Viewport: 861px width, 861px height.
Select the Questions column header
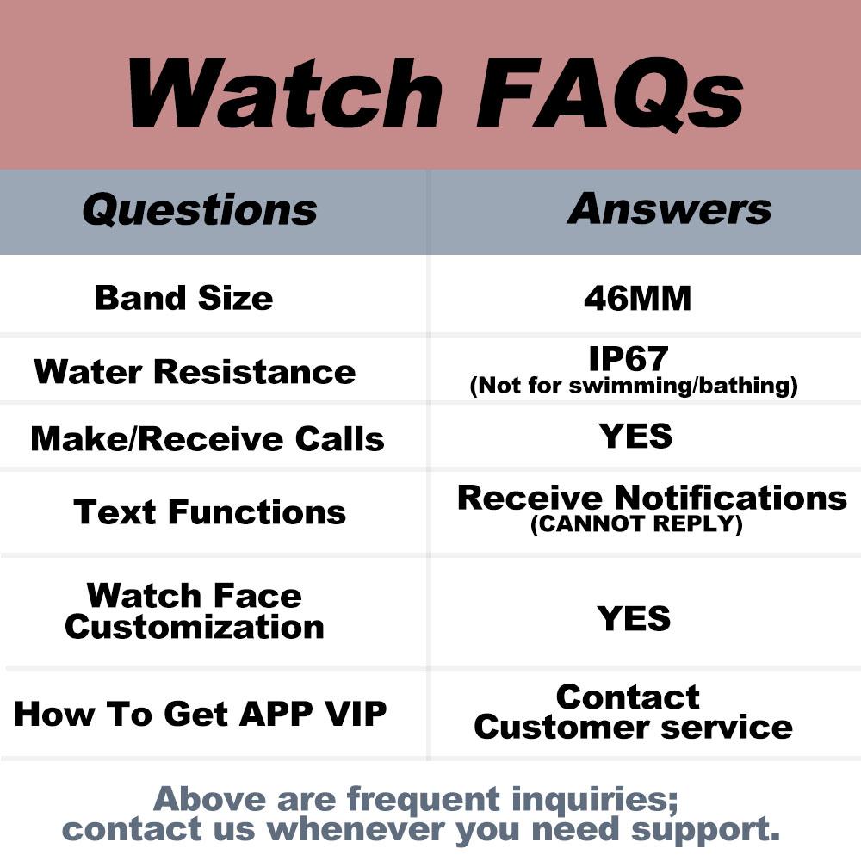click(x=200, y=210)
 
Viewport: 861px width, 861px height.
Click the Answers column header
click(x=669, y=208)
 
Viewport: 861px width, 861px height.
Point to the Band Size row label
click(x=183, y=298)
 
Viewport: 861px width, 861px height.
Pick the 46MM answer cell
click(x=637, y=299)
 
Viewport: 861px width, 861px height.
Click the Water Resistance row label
click(x=195, y=372)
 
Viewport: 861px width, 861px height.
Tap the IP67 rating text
click(x=634, y=358)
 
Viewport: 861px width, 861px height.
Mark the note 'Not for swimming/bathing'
click(x=634, y=386)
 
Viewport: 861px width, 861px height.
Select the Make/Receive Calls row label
click(x=207, y=439)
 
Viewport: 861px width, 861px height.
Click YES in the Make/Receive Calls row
click(x=635, y=437)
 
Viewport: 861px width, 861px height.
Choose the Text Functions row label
click(x=210, y=512)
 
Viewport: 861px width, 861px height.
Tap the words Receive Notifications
click(x=652, y=498)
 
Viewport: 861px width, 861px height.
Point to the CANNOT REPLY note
click(x=636, y=524)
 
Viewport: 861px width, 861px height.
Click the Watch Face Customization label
click(x=195, y=610)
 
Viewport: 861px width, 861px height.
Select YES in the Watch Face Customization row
click(x=634, y=619)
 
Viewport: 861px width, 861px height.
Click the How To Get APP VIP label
click(x=201, y=714)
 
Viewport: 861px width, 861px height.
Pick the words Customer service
click(x=633, y=727)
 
